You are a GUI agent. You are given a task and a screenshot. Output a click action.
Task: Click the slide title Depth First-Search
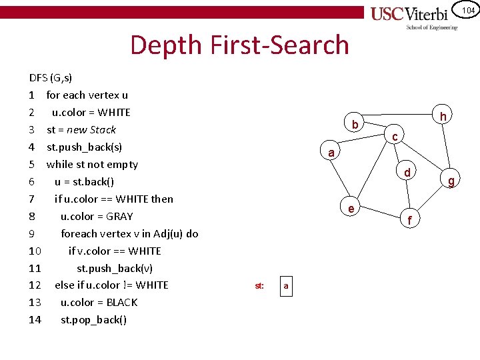[239, 45]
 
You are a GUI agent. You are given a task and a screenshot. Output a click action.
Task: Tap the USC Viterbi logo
[414, 17]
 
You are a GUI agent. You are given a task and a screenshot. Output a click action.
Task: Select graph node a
[331, 153]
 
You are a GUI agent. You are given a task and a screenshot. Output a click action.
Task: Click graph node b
[355, 125]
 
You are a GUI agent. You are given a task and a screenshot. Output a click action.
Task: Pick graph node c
[395, 137]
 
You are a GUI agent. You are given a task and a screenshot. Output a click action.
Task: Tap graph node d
[407, 173]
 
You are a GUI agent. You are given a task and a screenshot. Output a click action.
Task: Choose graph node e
[351, 209]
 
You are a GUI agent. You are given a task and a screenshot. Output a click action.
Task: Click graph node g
[451, 180]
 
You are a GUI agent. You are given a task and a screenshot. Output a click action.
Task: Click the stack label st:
[259, 286]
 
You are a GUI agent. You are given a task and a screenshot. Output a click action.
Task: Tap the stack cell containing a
[285, 286]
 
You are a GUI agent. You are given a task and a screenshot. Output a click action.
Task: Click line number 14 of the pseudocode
[35, 319]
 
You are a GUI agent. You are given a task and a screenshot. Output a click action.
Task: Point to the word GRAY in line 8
[120, 216]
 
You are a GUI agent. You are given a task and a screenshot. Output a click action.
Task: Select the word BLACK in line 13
[121, 302]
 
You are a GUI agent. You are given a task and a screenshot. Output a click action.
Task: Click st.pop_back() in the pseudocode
[93, 319]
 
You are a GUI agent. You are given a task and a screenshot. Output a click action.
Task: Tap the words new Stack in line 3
[91, 129]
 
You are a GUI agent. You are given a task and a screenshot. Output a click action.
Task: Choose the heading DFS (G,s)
[51, 77]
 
